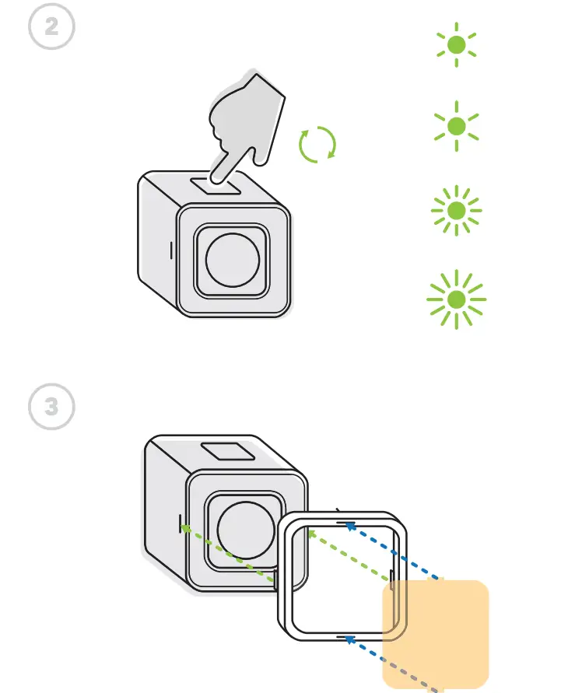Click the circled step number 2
click(51, 26)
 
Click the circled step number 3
click(51, 407)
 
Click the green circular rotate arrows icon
click(317, 145)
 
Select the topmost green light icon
click(457, 45)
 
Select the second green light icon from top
click(457, 126)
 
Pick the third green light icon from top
click(457, 210)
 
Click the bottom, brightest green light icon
click(457, 299)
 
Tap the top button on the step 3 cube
click(226, 453)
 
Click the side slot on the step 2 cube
click(171, 250)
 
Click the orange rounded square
click(436, 634)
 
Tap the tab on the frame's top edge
click(341, 513)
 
